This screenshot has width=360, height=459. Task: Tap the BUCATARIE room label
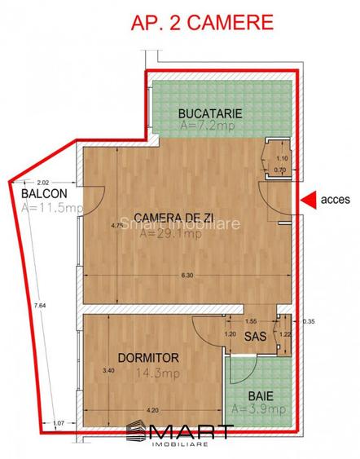(x=209, y=112)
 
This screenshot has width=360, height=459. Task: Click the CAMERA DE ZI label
(x=173, y=217)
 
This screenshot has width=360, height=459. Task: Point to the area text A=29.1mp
(x=171, y=234)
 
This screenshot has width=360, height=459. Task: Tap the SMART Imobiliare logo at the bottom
(x=180, y=435)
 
